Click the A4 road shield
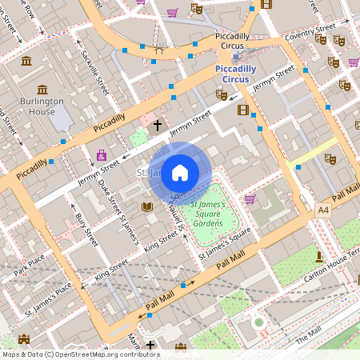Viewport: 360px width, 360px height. point(322,210)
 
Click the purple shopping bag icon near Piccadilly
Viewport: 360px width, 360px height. point(101,154)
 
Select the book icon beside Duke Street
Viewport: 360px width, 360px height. point(146,206)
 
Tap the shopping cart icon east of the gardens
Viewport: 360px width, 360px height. point(250,198)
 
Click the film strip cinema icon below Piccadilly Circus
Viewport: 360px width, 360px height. point(242,109)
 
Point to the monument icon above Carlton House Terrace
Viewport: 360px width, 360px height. point(319,256)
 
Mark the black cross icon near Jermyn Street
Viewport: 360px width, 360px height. point(157,126)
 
